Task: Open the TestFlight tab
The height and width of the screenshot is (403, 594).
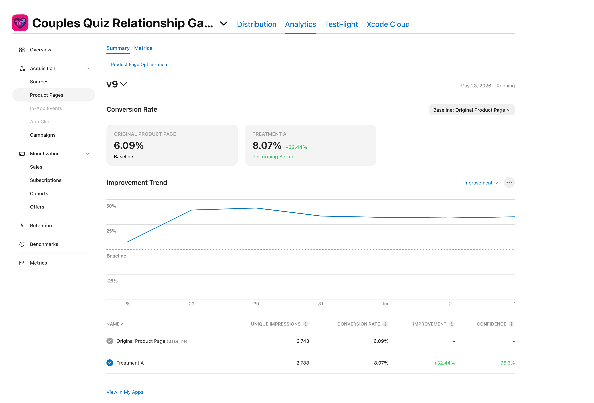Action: click(x=341, y=24)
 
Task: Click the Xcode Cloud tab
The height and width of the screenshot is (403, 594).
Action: click(x=388, y=24)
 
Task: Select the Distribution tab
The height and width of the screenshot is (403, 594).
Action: click(x=257, y=24)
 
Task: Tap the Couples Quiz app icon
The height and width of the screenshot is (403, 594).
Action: click(x=20, y=23)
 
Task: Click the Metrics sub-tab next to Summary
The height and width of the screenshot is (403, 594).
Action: click(x=143, y=48)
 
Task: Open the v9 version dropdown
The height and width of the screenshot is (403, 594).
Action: click(x=117, y=84)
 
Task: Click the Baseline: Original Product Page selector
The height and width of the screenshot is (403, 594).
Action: click(x=472, y=110)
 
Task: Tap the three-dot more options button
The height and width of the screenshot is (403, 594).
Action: click(x=509, y=182)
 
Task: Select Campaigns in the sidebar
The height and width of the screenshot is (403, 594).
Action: click(x=43, y=135)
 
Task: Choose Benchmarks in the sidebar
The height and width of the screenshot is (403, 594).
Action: click(x=44, y=244)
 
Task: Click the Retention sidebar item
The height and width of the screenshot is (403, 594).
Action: click(x=41, y=226)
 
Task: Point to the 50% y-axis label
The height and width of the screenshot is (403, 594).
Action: click(x=111, y=206)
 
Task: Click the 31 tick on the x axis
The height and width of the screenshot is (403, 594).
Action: click(x=321, y=304)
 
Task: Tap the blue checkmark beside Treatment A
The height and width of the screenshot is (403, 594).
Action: click(x=110, y=363)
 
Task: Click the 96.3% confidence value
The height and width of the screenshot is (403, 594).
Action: click(x=507, y=363)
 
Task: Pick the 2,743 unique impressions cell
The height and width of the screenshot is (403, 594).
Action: click(x=303, y=341)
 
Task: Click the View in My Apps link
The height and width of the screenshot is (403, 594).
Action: click(x=125, y=392)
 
